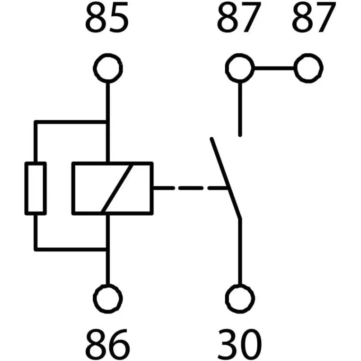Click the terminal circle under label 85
coord(107,69)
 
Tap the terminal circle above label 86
coord(107,298)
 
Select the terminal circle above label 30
coord(240,298)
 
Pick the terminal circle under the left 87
coord(240,69)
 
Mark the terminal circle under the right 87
coord(309,69)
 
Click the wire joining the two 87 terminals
coord(274,69)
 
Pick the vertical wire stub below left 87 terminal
coord(240,108)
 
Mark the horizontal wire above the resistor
coord(70,122)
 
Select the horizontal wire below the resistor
coord(70,249)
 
